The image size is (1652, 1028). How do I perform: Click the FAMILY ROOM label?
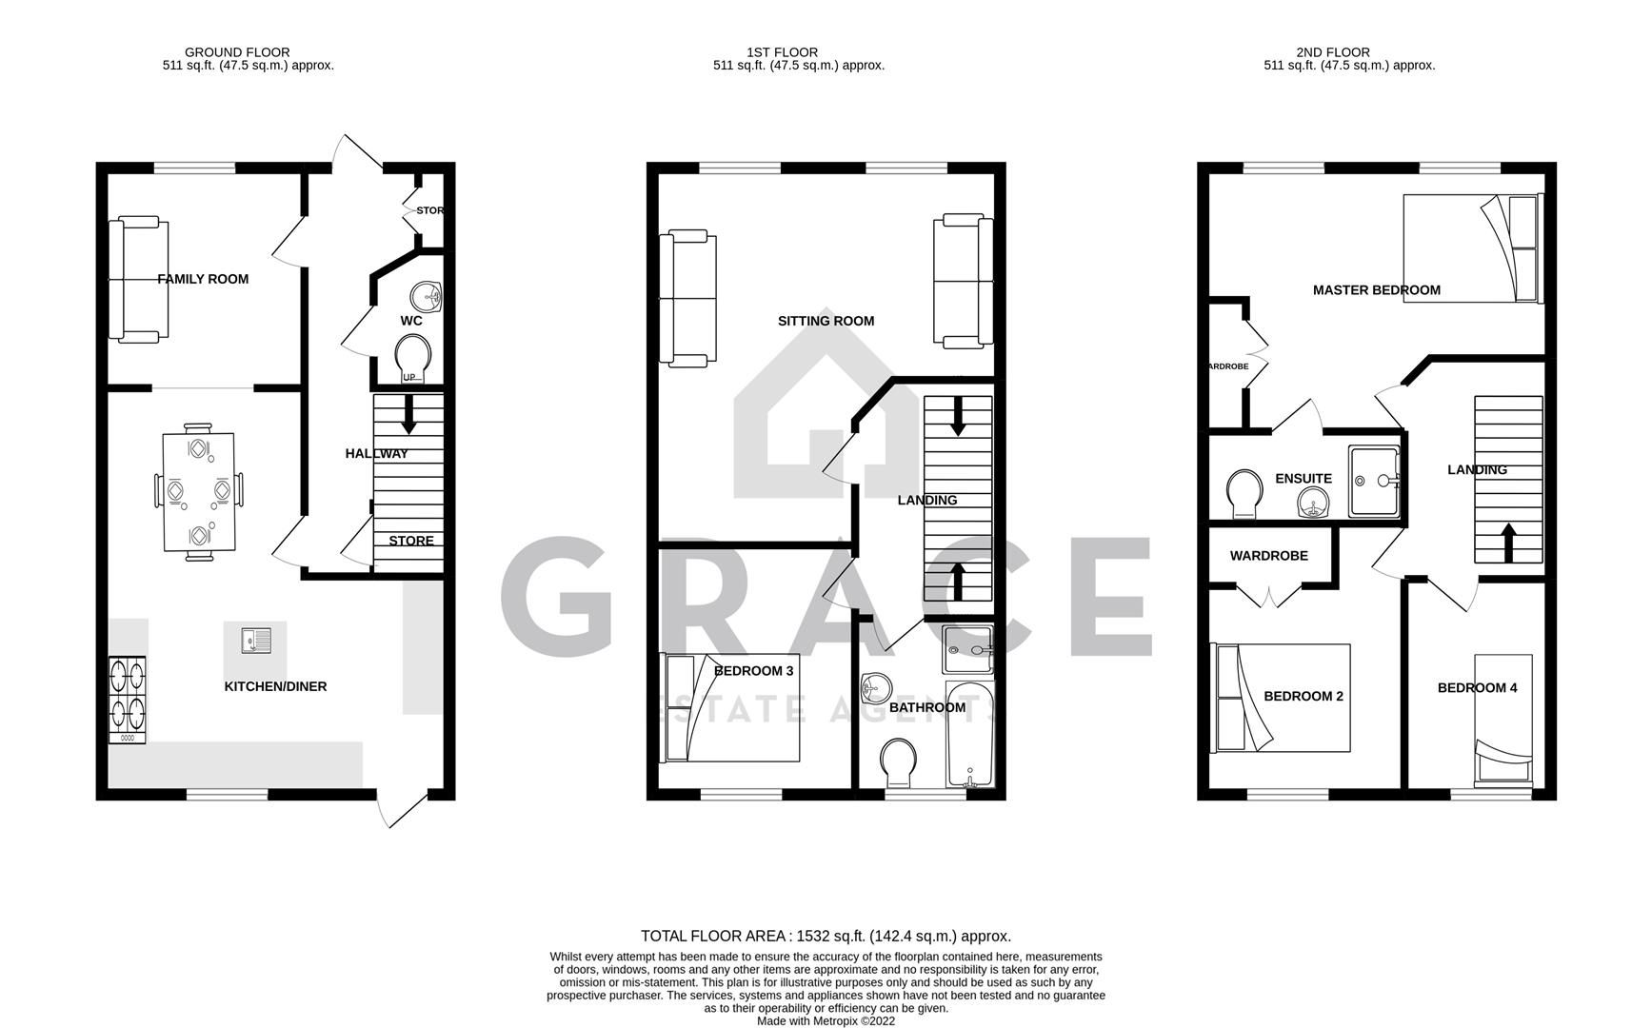point(203,279)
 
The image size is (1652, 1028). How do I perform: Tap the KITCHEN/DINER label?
point(275,686)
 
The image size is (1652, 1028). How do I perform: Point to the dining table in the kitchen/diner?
point(198,491)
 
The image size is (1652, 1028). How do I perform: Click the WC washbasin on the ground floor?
point(427,296)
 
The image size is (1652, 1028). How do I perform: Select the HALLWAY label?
point(376,454)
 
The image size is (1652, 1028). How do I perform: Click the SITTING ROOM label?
point(826,321)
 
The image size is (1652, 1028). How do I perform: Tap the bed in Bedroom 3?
point(730,707)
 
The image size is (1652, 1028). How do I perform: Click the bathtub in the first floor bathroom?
point(969,734)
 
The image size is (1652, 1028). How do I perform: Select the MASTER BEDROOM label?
point(1376,290)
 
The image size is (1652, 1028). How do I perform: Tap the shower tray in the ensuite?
point(1375,482)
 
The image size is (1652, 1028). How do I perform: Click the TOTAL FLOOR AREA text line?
point(826,936)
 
